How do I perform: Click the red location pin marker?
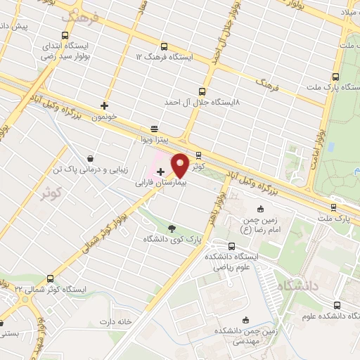coord(181,165)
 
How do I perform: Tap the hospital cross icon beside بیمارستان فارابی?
coord(160,171)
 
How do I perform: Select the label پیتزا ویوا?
coord(154,140)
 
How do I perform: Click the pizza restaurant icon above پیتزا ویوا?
coord(154,129)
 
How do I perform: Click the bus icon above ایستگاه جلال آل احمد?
coord(203,91)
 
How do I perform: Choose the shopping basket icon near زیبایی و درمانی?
coord(91,159)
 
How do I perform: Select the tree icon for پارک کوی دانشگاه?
coord(172,227)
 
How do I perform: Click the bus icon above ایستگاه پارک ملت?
coord(335,77)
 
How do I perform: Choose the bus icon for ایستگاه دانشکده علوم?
coord(337,305)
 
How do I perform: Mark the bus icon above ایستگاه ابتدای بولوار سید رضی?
coord(65,36)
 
